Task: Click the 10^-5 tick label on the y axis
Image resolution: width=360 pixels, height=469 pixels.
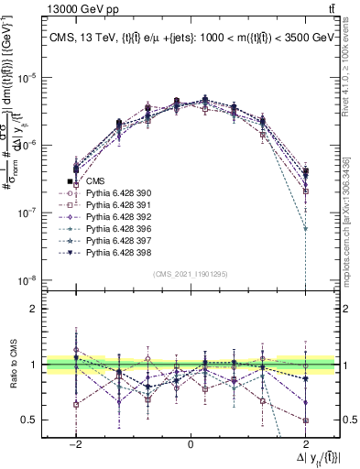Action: click(35, 78)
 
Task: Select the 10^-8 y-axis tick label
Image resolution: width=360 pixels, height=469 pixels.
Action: click(35, 280)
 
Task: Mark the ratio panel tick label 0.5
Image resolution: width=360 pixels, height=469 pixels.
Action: click(37, 420)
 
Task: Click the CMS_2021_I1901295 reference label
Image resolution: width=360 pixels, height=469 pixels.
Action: click(191, 274)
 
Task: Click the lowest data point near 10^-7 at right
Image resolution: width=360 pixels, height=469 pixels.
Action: click(305, 229)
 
